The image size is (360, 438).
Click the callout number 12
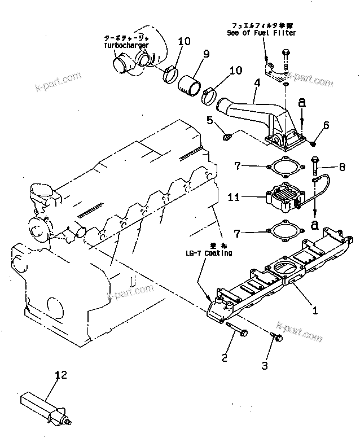(x=60, y=373)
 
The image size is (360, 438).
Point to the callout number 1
(x=315, y=310)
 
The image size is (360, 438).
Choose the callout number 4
(x=257, y=82)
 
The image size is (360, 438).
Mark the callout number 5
(x=210, y=120)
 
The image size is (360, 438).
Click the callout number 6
(x=326, y=125)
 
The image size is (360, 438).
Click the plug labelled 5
(x=226, y=135)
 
